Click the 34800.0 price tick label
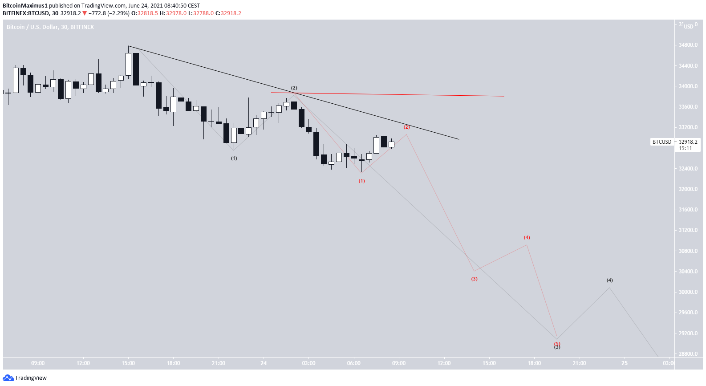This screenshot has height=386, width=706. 688,45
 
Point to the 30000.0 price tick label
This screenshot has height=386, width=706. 688,292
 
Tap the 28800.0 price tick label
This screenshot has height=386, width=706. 688,354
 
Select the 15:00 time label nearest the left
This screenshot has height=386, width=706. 128,363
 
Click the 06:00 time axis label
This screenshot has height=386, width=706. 354,363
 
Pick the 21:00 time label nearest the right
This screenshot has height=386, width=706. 579,363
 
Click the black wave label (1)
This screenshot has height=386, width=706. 234,158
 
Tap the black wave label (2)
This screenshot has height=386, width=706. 294,88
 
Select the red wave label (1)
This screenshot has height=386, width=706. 362,181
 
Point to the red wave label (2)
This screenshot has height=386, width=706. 406,127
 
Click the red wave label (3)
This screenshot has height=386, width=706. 474,279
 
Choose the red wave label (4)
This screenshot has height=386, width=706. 527,237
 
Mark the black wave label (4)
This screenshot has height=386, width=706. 609,280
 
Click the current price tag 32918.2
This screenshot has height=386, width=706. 688,142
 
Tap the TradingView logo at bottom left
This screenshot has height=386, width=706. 25,378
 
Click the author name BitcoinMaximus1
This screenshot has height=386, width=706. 25,6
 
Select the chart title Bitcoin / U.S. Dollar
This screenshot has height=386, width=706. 32,27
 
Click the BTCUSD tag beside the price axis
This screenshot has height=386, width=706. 661,142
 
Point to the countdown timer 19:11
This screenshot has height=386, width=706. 686,148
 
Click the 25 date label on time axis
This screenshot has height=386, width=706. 625,363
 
